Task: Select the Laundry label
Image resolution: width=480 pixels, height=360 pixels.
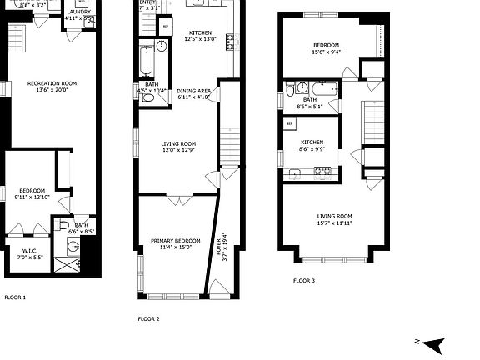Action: pos(78,12)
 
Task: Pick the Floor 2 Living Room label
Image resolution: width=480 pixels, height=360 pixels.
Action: pos(177,144)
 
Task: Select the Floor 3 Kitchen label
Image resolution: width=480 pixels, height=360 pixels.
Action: pos(312,142)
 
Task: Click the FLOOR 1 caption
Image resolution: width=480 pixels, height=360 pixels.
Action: pos(15,297)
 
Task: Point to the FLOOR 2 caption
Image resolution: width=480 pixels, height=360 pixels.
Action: pos(148,318)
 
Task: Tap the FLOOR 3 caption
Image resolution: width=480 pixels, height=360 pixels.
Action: pos(304,281)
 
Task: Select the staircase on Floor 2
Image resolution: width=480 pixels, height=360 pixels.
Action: pos(230,149)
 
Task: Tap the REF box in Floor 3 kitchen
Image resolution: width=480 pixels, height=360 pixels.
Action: pos(290,123)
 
